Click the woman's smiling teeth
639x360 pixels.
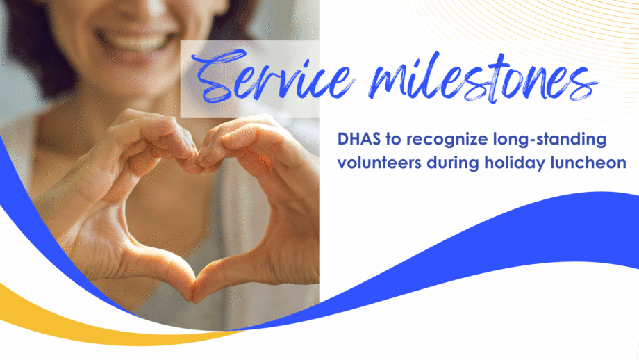click(x=135, y=42)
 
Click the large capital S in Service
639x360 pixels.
click(x=218, y=76)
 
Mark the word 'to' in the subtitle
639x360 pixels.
click(x=393, y=140)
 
